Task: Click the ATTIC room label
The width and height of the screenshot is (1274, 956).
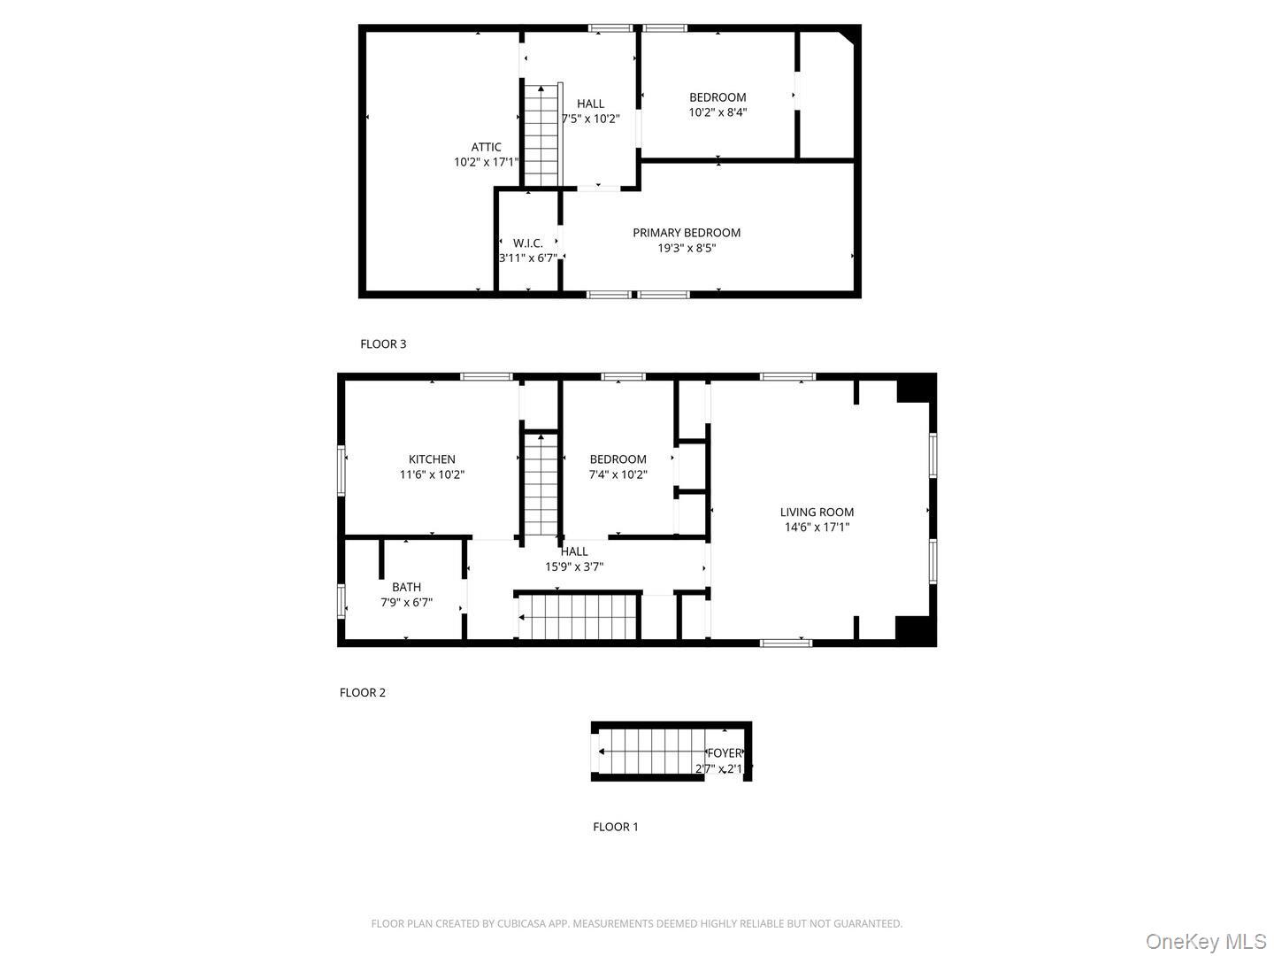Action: [x=486, y=148]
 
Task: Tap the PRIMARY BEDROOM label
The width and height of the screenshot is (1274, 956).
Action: [x=687, y=233]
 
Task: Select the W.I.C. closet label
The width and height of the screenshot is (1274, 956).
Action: [x=528, y=243]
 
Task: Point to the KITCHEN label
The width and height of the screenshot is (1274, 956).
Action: [x=432, y=459]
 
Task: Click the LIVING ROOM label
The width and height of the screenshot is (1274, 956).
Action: [x=817, y=512]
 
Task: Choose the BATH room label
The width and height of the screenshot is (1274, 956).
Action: [x=406, y=587]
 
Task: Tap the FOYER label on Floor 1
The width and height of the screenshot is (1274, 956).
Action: [x=724, y=753]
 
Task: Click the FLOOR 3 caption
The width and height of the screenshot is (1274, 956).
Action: [x=383, y=344]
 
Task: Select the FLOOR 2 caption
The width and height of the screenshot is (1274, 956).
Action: [x=363, y=693]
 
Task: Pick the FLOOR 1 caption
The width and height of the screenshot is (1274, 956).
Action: [x=615, y=827]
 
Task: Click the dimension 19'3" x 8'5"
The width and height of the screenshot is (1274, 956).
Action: [x=687, y=249]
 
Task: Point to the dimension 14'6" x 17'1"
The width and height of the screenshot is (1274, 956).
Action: [x=817, y=528]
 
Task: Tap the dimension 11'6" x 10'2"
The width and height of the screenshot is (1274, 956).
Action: [x=432, y=474]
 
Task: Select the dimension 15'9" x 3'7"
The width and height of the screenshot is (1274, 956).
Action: [x=574, y=567]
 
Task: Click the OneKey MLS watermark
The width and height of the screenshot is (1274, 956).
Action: [x=1206, y=941]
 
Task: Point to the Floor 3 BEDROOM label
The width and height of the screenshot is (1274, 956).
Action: [x=718, y=97]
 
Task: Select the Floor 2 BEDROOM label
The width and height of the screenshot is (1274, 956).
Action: [x=618, y=459]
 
